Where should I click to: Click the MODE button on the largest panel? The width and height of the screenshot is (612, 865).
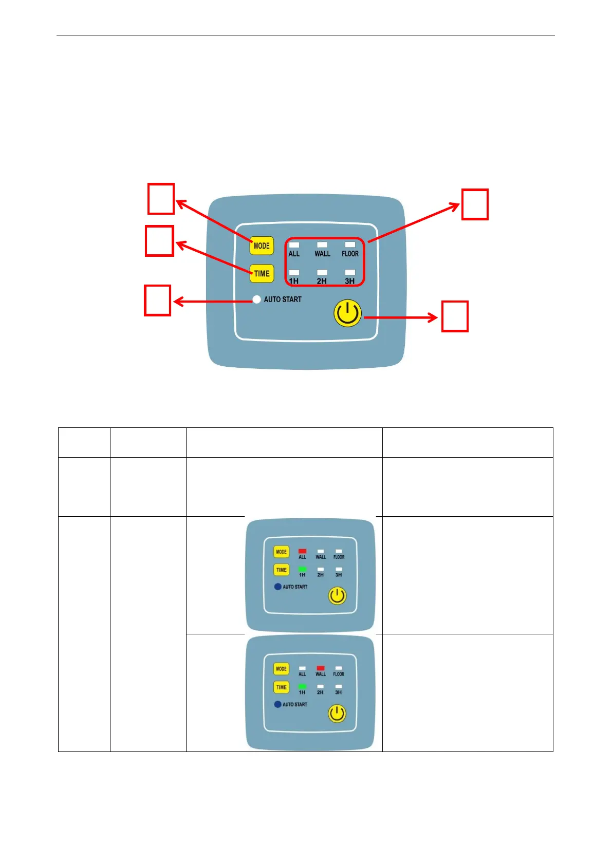(262, 246)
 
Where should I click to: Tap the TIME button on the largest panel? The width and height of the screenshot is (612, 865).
(262, 273)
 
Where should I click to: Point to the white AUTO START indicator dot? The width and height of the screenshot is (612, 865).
(256, 299)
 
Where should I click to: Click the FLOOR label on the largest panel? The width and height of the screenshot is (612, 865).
(350, 254)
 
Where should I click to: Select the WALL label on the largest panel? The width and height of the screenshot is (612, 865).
(322, 254)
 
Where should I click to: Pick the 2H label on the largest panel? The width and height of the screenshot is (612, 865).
(322, 281)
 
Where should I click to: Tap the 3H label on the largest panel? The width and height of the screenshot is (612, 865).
(349, 281)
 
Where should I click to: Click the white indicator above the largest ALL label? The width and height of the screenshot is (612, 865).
(294, 245)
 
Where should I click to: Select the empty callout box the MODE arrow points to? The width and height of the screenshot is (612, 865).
(161, 199)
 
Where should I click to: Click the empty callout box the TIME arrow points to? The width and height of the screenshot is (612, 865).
(159, 240)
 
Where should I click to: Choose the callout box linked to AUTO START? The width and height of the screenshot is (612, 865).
(157, 300)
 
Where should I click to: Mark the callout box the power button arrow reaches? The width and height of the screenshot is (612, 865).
(455, 316)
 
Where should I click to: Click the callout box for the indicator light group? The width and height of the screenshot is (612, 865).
(475, 204)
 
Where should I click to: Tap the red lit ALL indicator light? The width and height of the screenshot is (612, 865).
(302, 551)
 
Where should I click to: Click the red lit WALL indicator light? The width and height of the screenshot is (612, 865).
(321, 668)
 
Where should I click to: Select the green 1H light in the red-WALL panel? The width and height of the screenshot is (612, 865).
(302, 686)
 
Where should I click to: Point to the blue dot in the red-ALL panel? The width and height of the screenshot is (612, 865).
(277, 587)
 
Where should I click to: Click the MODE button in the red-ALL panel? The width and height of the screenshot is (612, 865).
(281, 552)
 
